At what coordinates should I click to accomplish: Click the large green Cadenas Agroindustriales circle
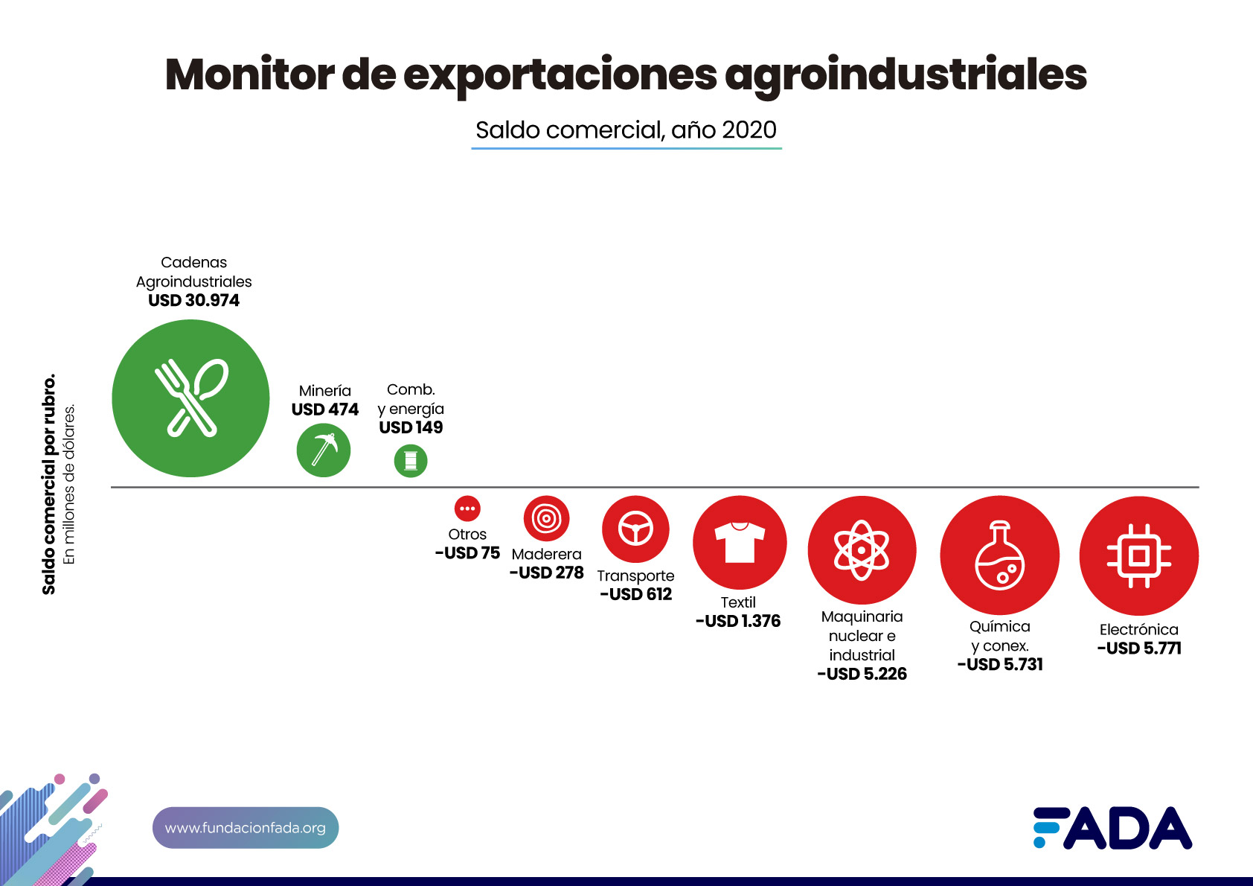pos(190,398)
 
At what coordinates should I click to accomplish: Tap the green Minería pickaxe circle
pos(324,450)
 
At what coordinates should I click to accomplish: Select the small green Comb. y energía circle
pos(411,461)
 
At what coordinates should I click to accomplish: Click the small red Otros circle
pos(467,509)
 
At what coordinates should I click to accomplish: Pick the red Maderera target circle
pos(546,518)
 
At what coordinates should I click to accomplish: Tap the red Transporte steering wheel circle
pos(635,529)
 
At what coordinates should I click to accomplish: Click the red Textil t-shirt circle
pos(740,543)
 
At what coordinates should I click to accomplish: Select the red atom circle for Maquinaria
pos(862,550)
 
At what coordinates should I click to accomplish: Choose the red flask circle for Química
pos(999,555)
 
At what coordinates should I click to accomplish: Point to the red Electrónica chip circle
pos(1138,555)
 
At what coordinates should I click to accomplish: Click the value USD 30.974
pos(193,301)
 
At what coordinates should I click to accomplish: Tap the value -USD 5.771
pos(1139,648)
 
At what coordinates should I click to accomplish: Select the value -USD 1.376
pos(738,621)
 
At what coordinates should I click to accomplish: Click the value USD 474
pos(325,409)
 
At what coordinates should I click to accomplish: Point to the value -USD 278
pos(547,573)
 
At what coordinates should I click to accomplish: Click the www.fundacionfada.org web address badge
pos(246,828)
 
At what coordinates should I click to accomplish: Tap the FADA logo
pos(1112,828)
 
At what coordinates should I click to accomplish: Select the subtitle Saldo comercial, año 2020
pos(626,130)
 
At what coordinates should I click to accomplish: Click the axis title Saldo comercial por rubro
pos(49,484)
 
